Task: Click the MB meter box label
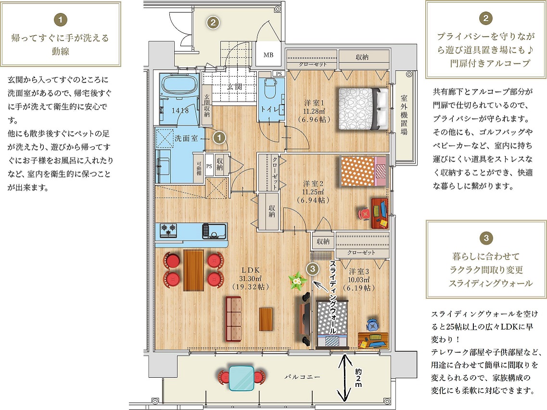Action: [x=268, y=55]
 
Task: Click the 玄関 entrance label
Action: [x=234, y=87]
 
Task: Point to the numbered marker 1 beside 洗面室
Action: [x=219, y=138]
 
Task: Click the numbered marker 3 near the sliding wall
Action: [x=313, y=269]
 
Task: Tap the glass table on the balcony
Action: [x=241, y=378]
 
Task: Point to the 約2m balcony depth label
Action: [x=358, y=378]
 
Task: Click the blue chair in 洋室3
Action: [x=372, y=325]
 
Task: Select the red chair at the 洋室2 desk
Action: [x=364, y=214]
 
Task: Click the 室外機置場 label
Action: [x=404, y=115]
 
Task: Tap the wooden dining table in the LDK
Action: [x=193, y=270]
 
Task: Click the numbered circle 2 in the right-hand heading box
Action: [x=486, y=18]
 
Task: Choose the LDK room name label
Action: [x=251, y=270]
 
